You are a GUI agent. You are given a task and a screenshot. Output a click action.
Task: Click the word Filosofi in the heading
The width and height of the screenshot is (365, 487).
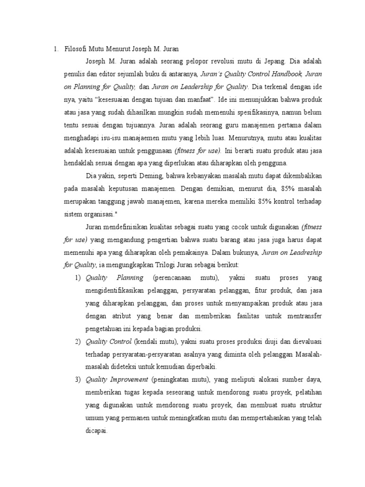75,48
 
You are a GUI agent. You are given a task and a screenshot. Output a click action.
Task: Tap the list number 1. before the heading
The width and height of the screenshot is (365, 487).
56,48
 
